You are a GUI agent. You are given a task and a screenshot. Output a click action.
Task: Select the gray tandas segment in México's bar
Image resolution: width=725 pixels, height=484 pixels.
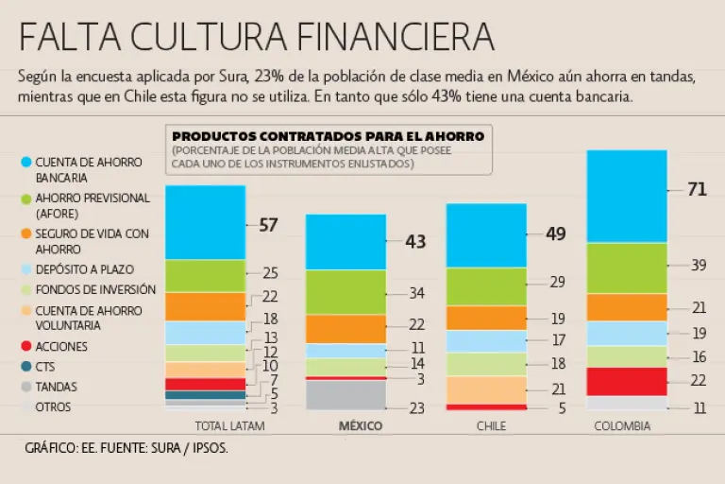pos(346,394)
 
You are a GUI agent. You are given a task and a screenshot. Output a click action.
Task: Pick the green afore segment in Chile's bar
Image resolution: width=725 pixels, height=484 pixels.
pos(486,286)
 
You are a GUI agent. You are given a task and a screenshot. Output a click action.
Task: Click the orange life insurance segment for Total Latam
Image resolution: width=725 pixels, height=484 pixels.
pos(205,306)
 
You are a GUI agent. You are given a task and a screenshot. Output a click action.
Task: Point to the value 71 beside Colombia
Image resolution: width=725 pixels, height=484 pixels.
pos(697,190)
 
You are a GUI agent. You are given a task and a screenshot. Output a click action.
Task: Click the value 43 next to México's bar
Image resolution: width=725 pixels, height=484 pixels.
pos(415,242)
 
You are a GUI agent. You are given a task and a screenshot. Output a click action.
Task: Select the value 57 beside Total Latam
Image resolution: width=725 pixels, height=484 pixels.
pos(269,225)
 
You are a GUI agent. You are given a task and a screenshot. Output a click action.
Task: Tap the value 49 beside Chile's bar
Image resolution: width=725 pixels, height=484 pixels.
pos(555,234)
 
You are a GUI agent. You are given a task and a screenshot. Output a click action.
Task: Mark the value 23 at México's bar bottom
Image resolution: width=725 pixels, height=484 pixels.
pos(415,408)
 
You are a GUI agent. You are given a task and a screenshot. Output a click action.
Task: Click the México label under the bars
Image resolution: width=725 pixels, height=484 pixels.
pos(361,426)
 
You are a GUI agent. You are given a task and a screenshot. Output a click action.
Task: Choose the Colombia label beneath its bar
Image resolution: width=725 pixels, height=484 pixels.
pos(622,426)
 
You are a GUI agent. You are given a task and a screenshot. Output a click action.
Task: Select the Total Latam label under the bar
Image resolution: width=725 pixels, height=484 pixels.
pos(228,426)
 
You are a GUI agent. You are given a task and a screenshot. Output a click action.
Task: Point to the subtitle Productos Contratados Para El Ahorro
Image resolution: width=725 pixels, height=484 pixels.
pos(328,136)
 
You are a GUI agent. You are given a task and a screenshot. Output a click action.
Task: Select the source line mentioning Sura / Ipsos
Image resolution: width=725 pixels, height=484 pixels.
pos(127,449)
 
